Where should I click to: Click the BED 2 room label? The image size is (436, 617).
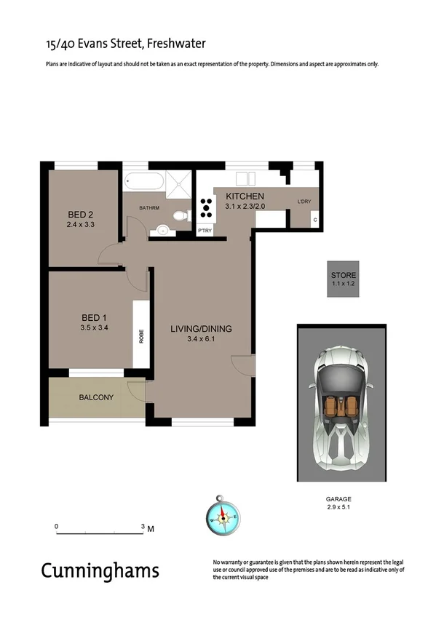(x=82, y=215)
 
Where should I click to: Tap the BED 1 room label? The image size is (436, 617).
(x=94, y=317)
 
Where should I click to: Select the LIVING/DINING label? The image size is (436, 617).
(x=201, y=329)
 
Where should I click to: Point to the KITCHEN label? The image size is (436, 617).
(x=245, y=197)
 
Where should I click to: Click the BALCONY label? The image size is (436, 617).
(x=96, y=397)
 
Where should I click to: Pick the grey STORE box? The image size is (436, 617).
(x=344, y=279)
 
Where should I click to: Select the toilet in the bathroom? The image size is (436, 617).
(x=179, y=215)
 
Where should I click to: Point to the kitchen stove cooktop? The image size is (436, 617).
(x=205, y=207)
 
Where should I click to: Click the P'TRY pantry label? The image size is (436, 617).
(x=205, y=231)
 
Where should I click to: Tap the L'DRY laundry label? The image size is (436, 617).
(x=304, y=201)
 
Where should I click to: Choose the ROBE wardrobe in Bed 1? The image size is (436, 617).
(x=141, y=337)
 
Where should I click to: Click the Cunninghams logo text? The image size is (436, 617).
(x=100, y=570)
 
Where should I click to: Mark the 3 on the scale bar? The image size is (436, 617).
(x=143, y=525)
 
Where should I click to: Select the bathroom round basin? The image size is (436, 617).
(x=162, y=231)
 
